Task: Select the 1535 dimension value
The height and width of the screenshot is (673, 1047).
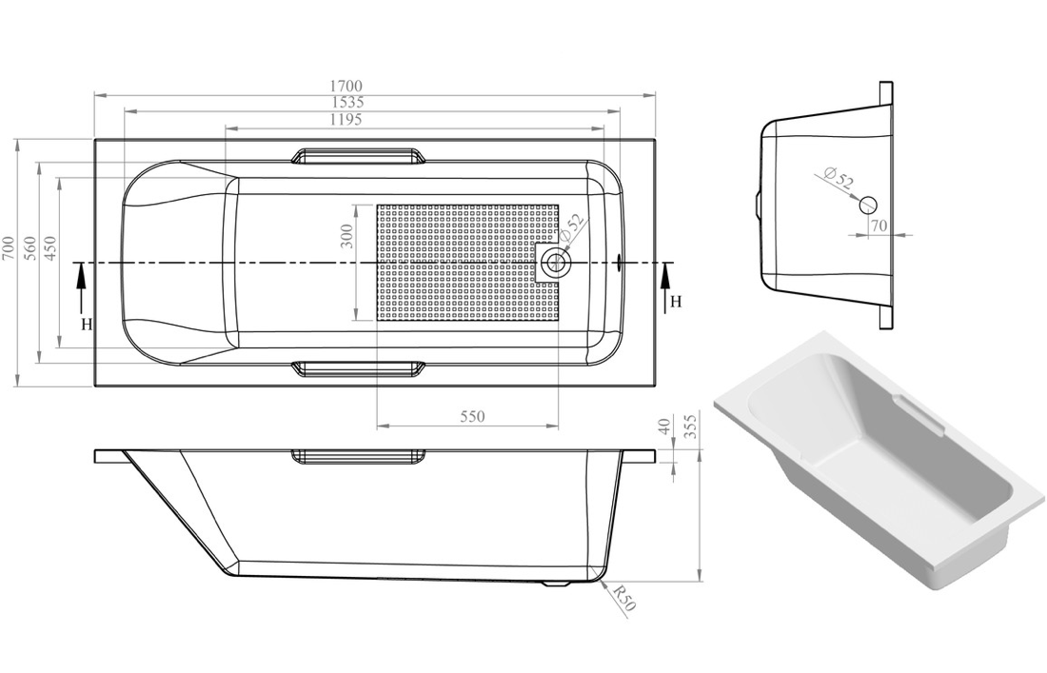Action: (348, 103)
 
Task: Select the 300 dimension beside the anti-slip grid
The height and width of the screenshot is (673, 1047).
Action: (347, 235)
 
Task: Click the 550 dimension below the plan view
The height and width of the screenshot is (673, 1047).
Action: (472, 416)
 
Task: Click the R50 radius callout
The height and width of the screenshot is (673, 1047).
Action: (623, 599)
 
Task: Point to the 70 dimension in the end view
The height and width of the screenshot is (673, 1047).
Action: (878, 226)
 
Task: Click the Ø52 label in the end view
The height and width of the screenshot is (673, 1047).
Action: (838, 177)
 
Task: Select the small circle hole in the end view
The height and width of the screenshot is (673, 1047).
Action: (867, 205)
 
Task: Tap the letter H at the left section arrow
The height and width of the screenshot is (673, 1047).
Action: (86, 324)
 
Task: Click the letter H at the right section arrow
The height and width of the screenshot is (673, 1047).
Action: (676, 302)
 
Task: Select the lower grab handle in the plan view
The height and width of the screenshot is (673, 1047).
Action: (357, 368)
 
